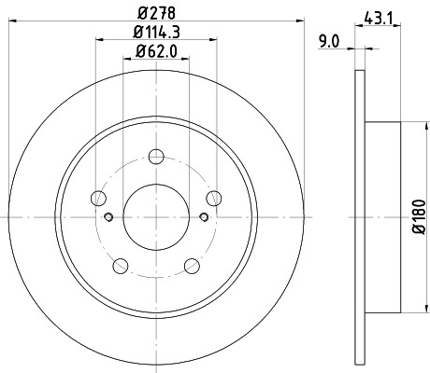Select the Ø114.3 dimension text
pos(156,35)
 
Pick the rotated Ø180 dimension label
pos(418,216)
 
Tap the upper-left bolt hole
pos(97,197)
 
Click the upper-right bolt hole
pos(216,197)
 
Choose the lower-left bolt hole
pos(120,266)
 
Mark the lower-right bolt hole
pos(193,266)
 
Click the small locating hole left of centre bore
pos(109,217)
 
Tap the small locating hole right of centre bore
pos(203,217)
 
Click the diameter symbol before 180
pos(418,233)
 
